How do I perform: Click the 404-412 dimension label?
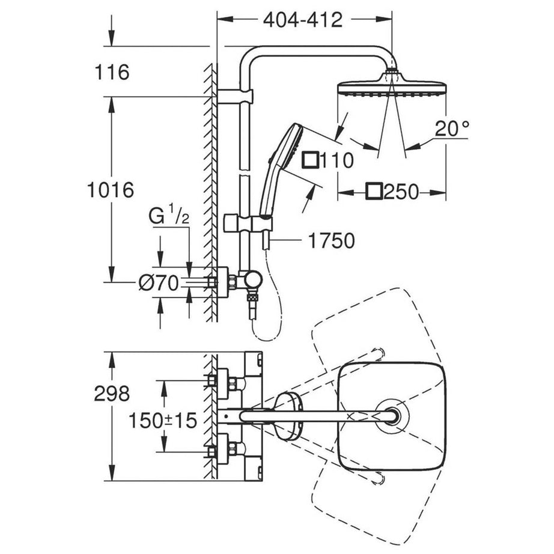pos(302,20)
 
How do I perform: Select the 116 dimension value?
pos(111,73)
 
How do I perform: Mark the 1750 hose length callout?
pos(331,240)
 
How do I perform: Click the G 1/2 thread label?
pos(169,215)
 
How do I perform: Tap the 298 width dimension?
pos(111,394)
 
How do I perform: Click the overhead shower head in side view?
pos(391,87)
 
